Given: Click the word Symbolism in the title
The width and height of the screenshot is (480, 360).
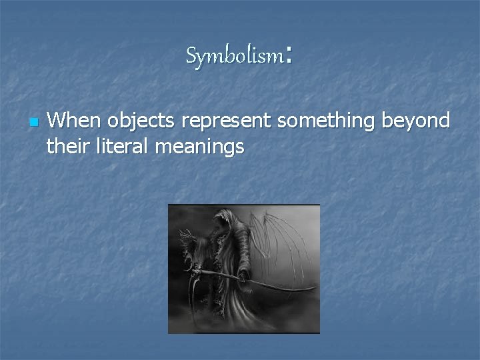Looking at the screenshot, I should coord(235,57).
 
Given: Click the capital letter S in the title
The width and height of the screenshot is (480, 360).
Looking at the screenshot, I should coord(192,57).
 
